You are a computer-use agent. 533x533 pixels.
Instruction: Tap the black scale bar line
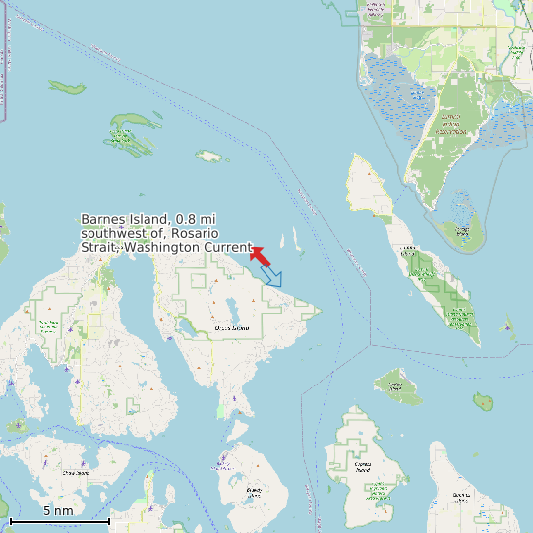59,519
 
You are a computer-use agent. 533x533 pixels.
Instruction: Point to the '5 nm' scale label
58,510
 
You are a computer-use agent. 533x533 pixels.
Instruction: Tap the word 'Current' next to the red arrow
228,248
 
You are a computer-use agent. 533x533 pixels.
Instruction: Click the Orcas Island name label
232,327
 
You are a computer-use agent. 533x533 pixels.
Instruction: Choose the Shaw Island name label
76,473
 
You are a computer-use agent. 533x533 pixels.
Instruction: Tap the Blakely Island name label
254,489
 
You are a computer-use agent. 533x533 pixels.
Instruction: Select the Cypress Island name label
362,470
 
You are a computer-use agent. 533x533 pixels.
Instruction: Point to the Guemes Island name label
462,495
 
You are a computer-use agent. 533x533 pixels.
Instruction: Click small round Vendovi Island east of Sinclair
483,401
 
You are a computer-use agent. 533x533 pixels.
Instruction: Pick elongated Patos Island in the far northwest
68,87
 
